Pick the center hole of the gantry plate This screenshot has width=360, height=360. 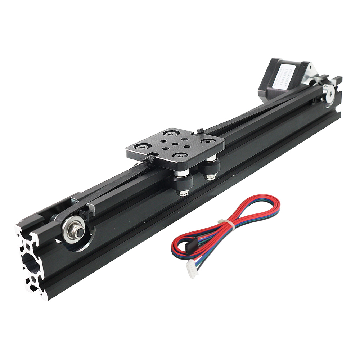point(174,144)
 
